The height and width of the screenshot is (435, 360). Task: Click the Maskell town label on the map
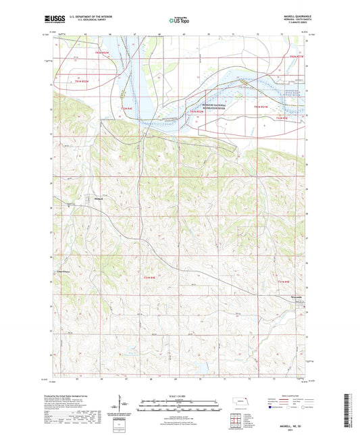[x=97, y=199]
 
